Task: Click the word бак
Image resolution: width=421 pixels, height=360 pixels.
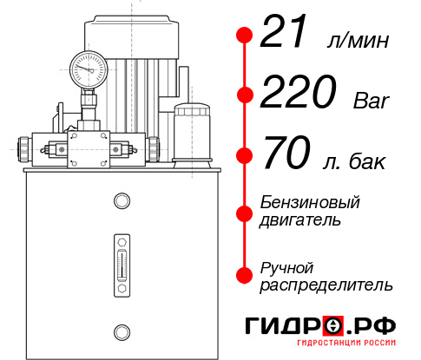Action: (x=368, y=162)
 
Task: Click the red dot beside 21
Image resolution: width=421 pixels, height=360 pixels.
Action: (x=244, y=35)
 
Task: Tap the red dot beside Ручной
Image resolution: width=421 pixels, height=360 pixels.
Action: (x=244, y=275)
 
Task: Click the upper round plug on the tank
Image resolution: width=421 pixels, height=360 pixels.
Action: (x=121, y=202)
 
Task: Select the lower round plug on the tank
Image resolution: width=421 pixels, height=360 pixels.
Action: (x=121, y=331)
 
